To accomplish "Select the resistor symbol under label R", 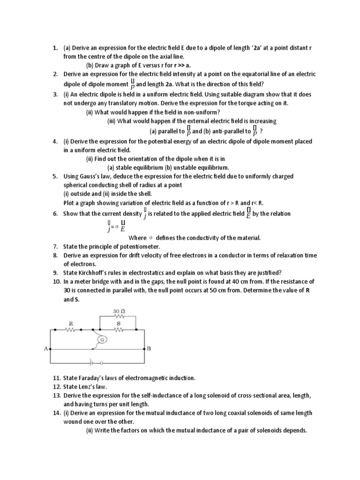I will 70,330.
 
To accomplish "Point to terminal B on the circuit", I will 149,349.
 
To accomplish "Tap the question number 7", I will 55,247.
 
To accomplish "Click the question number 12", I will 56,387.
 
